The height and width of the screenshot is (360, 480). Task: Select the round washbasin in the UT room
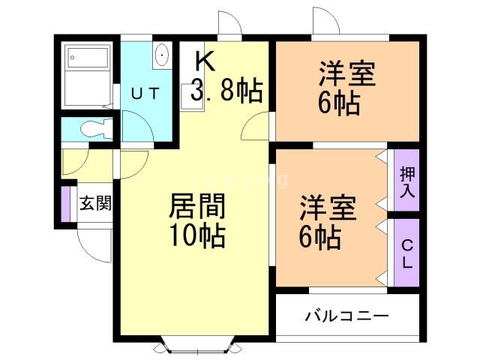tap(162, 55)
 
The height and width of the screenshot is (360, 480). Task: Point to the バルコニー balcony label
tap(346, 316)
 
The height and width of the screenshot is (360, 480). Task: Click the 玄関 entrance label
tap(95, 202)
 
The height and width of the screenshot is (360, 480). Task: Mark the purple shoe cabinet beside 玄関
tap(65, 203)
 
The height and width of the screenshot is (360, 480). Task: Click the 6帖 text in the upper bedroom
tap(338, 103)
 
